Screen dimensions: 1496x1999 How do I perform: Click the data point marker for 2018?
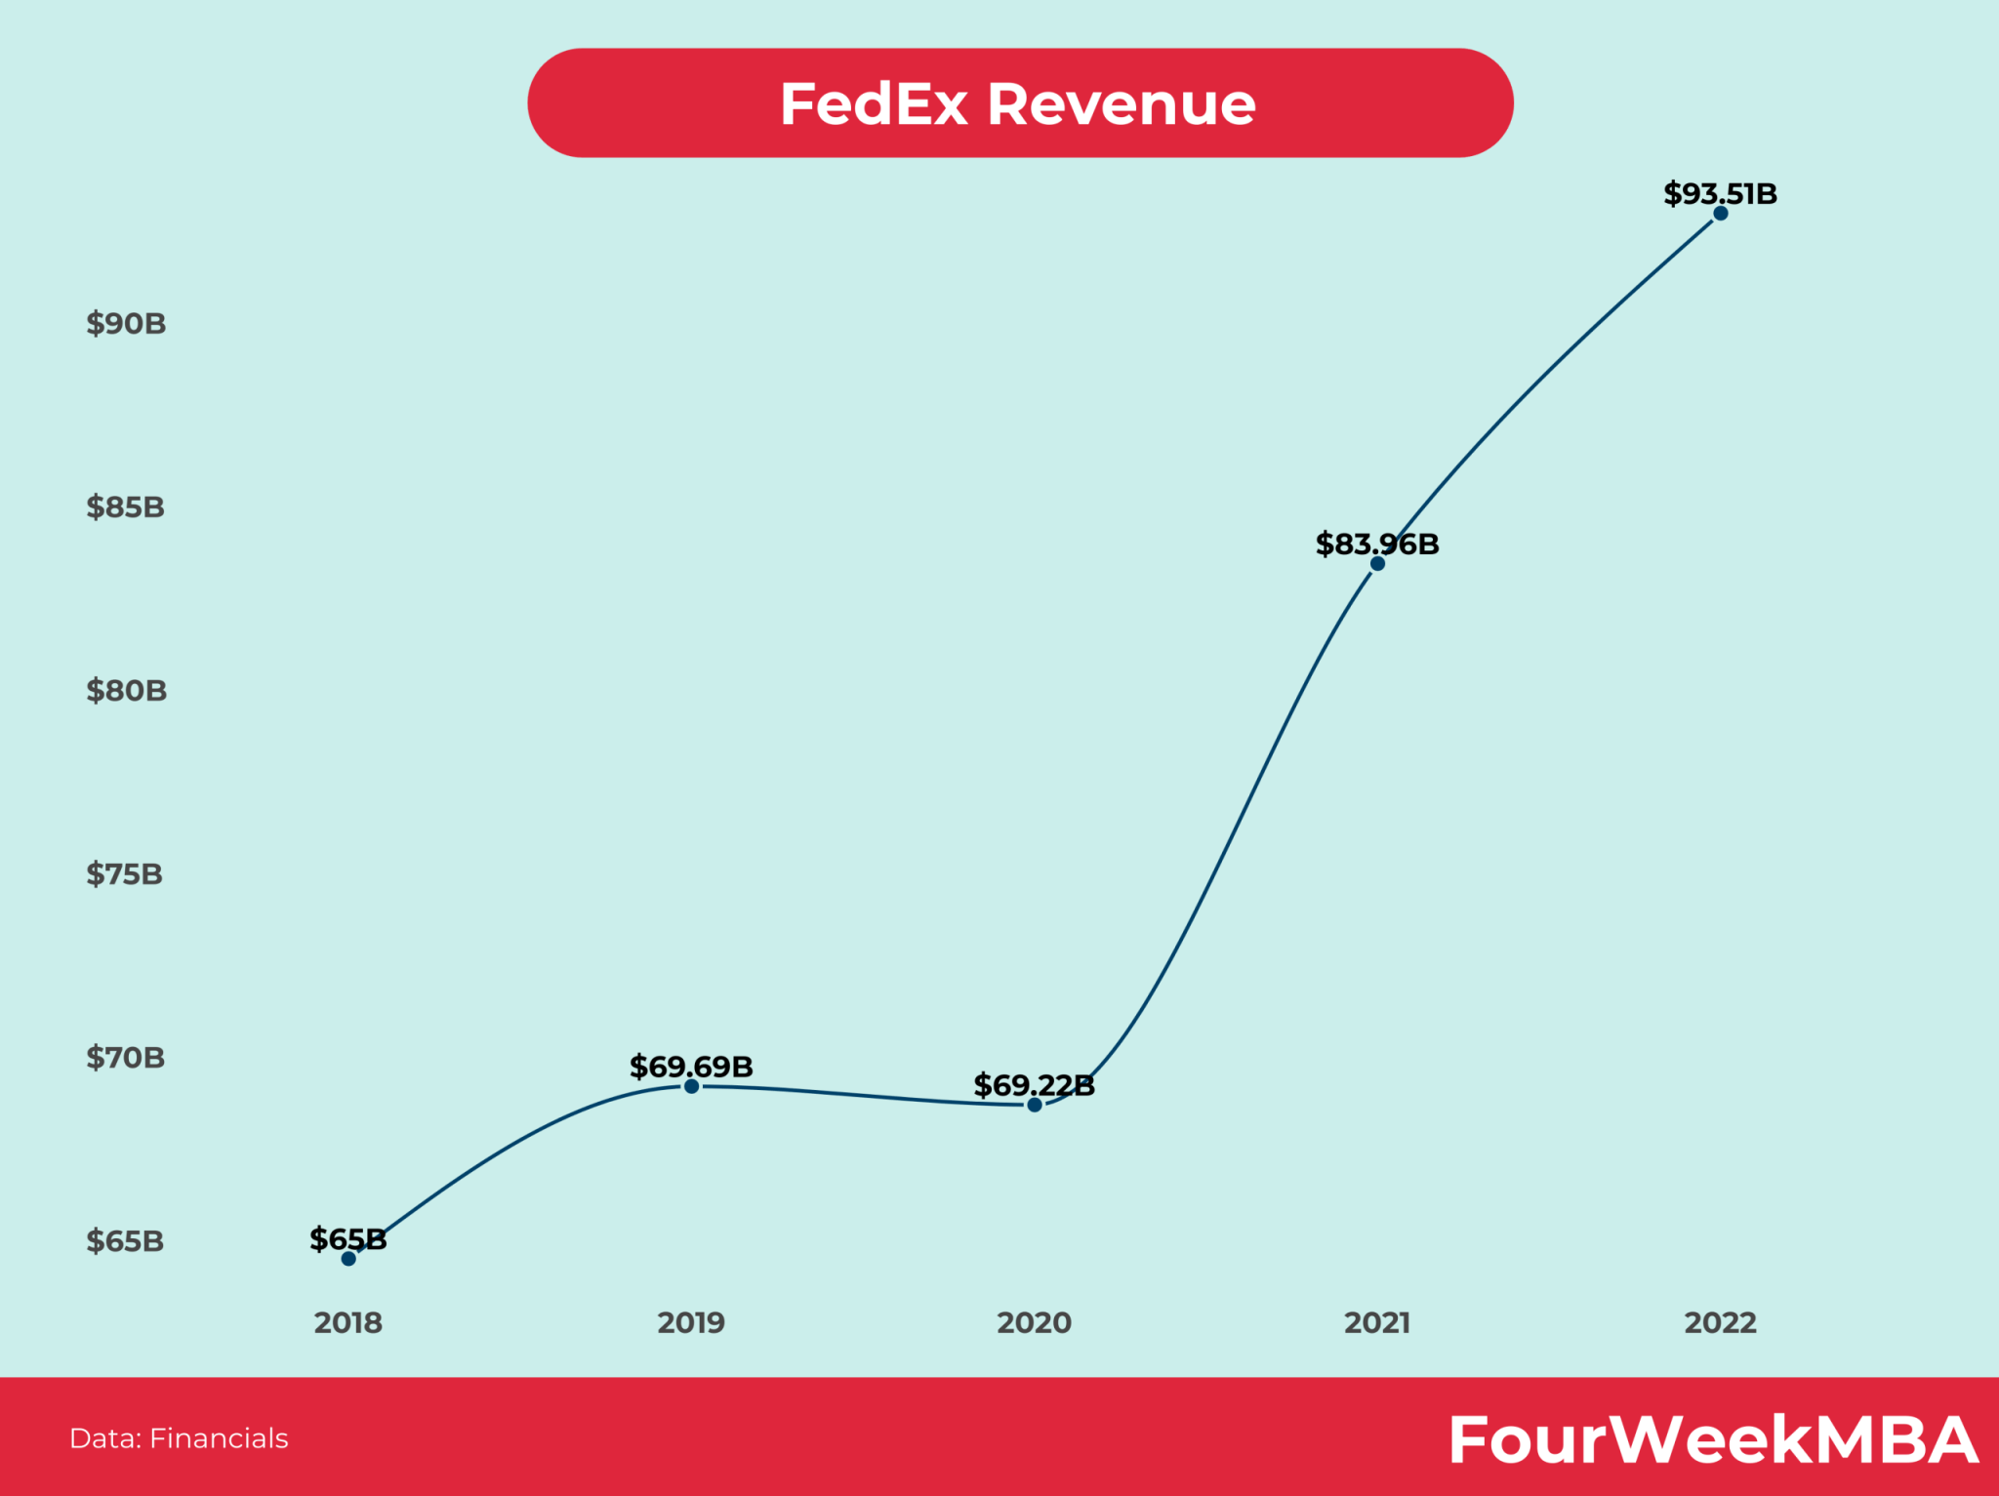coord(348,1259)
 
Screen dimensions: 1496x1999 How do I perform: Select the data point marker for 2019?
coord(691,1086)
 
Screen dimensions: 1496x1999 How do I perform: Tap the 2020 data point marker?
coord(1035,1105)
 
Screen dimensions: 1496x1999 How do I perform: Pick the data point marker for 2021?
coord(1377,564)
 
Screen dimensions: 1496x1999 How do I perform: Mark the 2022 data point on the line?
coord(1721,214)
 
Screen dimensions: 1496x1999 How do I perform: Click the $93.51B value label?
coord(1720,193)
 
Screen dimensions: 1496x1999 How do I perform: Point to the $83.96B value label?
coord(1376,544)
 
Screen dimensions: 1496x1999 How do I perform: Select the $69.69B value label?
coord(691,1066)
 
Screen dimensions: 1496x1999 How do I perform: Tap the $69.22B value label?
coord(1034,1084)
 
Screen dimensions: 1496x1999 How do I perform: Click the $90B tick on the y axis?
coord(126,323)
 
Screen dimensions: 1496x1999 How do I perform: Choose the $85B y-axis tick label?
coord(125,506)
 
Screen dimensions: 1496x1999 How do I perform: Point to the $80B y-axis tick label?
coord(126,690)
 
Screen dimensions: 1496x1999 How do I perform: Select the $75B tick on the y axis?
coord(124,873)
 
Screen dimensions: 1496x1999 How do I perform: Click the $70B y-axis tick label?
coord(125,1057)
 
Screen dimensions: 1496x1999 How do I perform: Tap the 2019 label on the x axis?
coord(691,1322)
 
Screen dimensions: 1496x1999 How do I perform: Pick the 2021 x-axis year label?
coord(1377,1322)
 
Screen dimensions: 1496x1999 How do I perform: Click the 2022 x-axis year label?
coord(1720,1322)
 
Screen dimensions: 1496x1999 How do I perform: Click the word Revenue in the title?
coord(1121,103)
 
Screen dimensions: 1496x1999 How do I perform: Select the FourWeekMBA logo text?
coord(1713,1439)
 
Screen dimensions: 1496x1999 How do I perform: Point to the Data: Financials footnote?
coord(179,1438)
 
